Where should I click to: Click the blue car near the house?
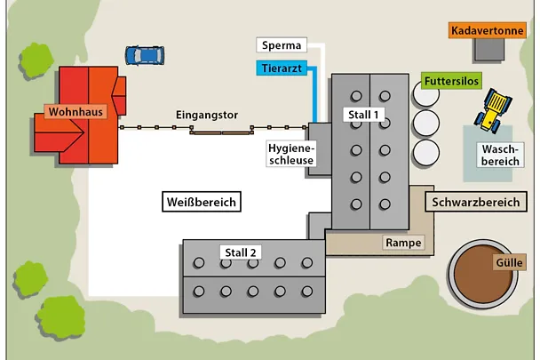coord(144,55)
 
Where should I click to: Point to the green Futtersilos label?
coord(451,82)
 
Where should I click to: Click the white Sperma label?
coord(282,45)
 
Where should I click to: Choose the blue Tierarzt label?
coord(282,68)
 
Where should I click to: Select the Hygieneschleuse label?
coord(290,154)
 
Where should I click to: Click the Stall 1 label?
coord(362,115)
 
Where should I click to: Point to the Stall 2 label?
coord(241,252)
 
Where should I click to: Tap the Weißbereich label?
coord(202,203)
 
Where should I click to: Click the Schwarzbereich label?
coord(475,203)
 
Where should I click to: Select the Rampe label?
coord(403,242)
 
